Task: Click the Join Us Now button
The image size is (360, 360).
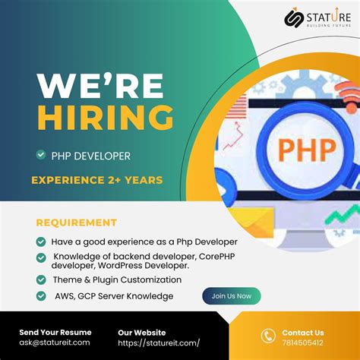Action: pyautogui.click(x=231, y=296)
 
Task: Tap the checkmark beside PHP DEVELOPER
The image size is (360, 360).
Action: pyautogui.click(x=40, y=155)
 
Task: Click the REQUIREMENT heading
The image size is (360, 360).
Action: pyautogui.click(x=77, y=223)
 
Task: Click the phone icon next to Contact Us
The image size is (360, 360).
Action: pyautogui.click(x=268, y=336)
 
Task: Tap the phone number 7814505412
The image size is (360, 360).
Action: pyautogui.click(x=302, y=343)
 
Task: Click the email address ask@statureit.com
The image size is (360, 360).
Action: pyautogui.click(x=54, y=343)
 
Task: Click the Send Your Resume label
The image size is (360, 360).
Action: pyautogui.click(x=55, y=332)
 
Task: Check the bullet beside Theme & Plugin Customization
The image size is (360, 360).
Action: pyautogui.click(x=40, y=279)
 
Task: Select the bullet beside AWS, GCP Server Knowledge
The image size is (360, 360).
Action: pyautogui.click(x=40, y=296)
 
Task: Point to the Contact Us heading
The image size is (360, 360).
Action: pyautogui.click(x=303, y=332)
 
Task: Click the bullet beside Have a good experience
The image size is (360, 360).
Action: pyautogui.click(x=40, y=241)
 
